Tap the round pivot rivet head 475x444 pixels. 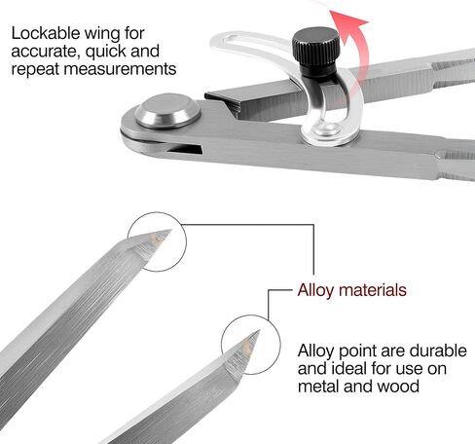coord(167,110)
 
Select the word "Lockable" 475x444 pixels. coord(46,33)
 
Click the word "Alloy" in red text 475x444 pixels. coord(315,290)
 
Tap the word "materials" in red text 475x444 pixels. coord(373,290)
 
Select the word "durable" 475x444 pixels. coord(438,351)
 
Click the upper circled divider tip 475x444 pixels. coord(170,231)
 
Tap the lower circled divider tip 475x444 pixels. coord(259,331)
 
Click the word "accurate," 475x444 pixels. coord(46,52)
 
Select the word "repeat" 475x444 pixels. coord(36,70)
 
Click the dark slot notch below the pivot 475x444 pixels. coord(184,149)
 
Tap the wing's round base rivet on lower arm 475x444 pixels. coord(325,129)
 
